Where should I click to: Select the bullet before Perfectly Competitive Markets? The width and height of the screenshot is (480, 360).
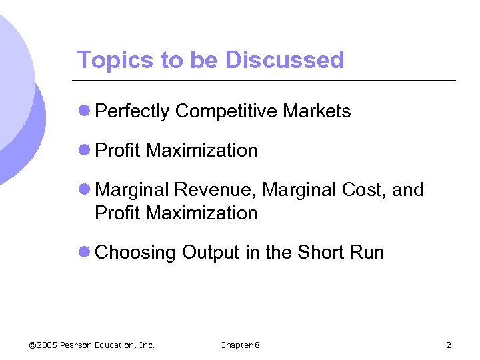[85, 111]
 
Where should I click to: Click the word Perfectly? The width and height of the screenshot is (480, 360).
[133, 111]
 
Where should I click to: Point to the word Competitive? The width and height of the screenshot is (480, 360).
[226, 111]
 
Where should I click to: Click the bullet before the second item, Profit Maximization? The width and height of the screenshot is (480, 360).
[85, 151]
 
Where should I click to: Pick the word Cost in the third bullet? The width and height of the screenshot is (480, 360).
[364, 190]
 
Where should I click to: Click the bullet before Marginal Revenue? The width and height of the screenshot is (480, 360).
[85, 190]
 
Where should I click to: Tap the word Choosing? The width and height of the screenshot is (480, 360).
[136, 253]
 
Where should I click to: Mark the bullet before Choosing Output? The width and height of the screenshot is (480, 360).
[85, 253]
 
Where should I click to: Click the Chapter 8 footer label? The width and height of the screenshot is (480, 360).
[240, 345]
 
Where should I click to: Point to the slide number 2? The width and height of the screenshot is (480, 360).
[448, 345]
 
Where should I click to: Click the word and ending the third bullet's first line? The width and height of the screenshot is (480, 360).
[408, 190]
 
